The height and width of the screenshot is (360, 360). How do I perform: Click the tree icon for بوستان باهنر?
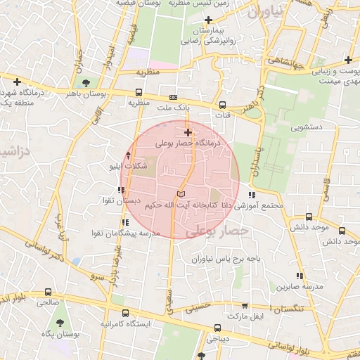click(x=86, y=83)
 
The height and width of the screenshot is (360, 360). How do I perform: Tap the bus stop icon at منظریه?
click(x=138, y=91)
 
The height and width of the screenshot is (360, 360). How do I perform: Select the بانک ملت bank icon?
click(x=173, y=97)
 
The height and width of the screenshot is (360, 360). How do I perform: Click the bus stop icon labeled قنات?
click(x=223, y=105)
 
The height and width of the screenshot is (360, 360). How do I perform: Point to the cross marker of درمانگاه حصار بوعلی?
click(x=188, y=132)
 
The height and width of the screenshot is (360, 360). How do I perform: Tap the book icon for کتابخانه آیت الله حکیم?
click(x=181, y=195)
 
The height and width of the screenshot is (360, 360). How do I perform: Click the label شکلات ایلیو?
click(x=129, y=166)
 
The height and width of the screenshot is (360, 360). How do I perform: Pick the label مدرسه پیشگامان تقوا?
click(x=128, y=232)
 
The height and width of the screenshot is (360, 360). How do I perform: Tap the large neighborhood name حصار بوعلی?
click(x=226, y=230)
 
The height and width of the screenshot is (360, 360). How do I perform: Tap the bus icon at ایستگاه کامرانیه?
click(x=125, y=313)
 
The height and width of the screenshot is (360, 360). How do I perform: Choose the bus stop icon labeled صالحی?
click(x=48, y=291)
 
